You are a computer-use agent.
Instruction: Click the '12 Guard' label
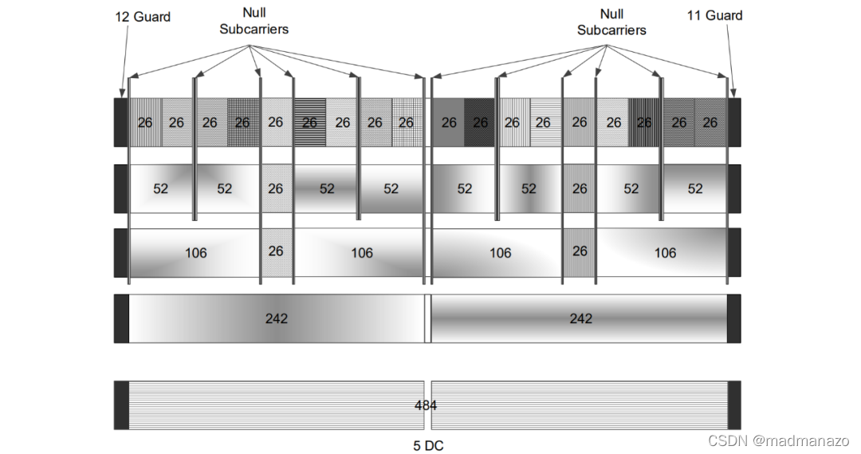[143, 16]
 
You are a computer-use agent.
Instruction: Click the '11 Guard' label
[714, 15]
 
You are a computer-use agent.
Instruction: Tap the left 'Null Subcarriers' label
[254, 22]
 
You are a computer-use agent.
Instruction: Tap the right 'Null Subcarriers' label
[611, 22]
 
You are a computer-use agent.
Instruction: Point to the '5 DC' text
[427, 445]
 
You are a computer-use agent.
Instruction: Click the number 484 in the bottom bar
[426, 405]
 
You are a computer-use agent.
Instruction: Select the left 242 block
[276, 318]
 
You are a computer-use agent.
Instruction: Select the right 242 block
[580, 318]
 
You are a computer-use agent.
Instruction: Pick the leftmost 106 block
[195, 253]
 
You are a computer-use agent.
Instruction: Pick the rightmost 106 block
[664, 253]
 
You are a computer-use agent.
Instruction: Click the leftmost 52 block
[161, 189]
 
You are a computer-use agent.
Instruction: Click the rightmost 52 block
[695, 189]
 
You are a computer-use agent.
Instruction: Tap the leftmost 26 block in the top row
[145, 123]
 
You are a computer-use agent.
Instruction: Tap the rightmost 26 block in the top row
[710, 123]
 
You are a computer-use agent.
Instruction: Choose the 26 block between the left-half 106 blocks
[276, 251]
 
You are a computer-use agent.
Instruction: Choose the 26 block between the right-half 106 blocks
[580, 251]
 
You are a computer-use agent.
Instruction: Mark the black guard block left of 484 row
[121, 405]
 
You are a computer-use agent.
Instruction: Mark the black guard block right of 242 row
[734, 318]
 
